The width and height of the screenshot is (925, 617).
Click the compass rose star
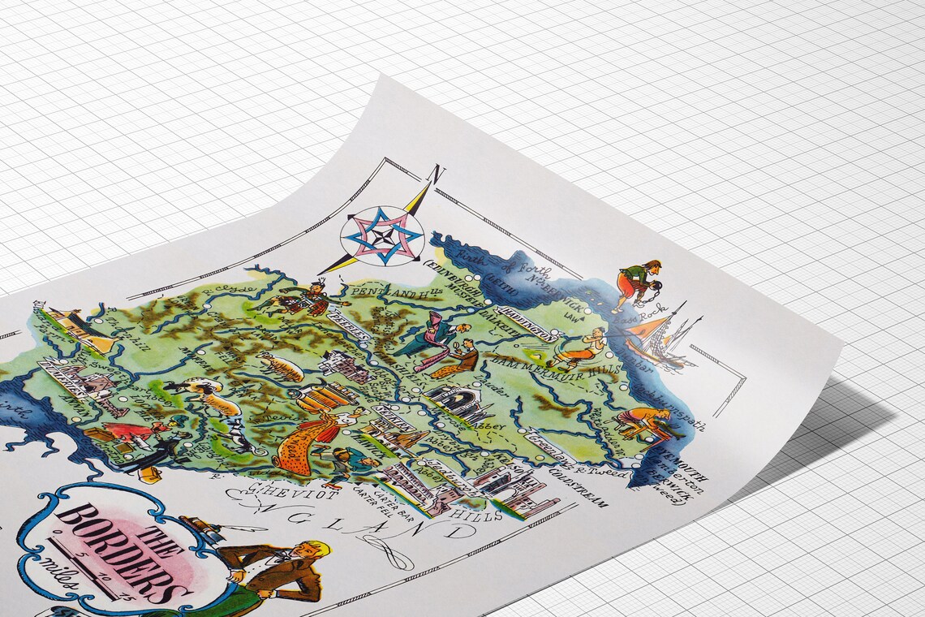[x=382, y=235]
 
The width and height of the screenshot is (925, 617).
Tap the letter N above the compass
[x=438, y=175]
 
